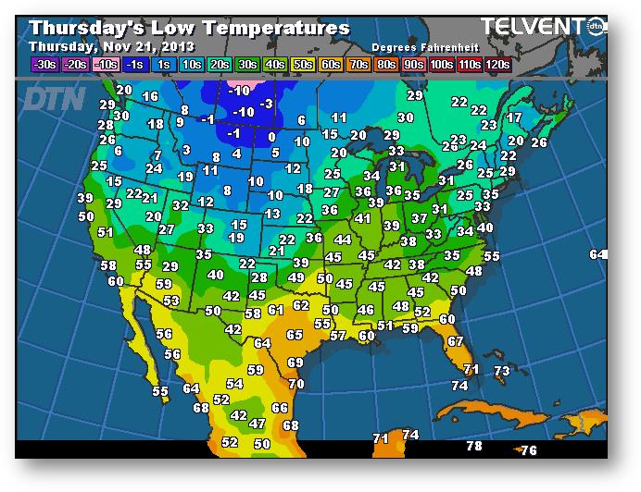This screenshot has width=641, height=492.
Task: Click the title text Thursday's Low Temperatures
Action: pos(190,29)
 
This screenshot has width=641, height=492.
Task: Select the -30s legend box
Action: pos(44,64)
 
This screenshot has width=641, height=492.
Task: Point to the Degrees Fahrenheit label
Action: pos(419,46)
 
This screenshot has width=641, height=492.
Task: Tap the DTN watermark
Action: pos(54,98)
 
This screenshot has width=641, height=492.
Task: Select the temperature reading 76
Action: pos(529,450)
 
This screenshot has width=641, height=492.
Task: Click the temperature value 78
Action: pos(474,446)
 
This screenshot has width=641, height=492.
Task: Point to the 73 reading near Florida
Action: pos(502,371)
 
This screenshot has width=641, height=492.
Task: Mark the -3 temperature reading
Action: pos(267,104)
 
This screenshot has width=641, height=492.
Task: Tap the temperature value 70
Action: pos(296,384)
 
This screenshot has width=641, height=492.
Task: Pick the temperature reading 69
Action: pos(295,363)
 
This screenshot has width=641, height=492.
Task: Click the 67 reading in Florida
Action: pos(455,341)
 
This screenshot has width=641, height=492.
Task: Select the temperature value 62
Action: pos(301,305)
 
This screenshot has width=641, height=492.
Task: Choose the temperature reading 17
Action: pos(514,117)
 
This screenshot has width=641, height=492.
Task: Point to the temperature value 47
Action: pos(258,424)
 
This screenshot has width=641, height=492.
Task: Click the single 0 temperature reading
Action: pos(271,137)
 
